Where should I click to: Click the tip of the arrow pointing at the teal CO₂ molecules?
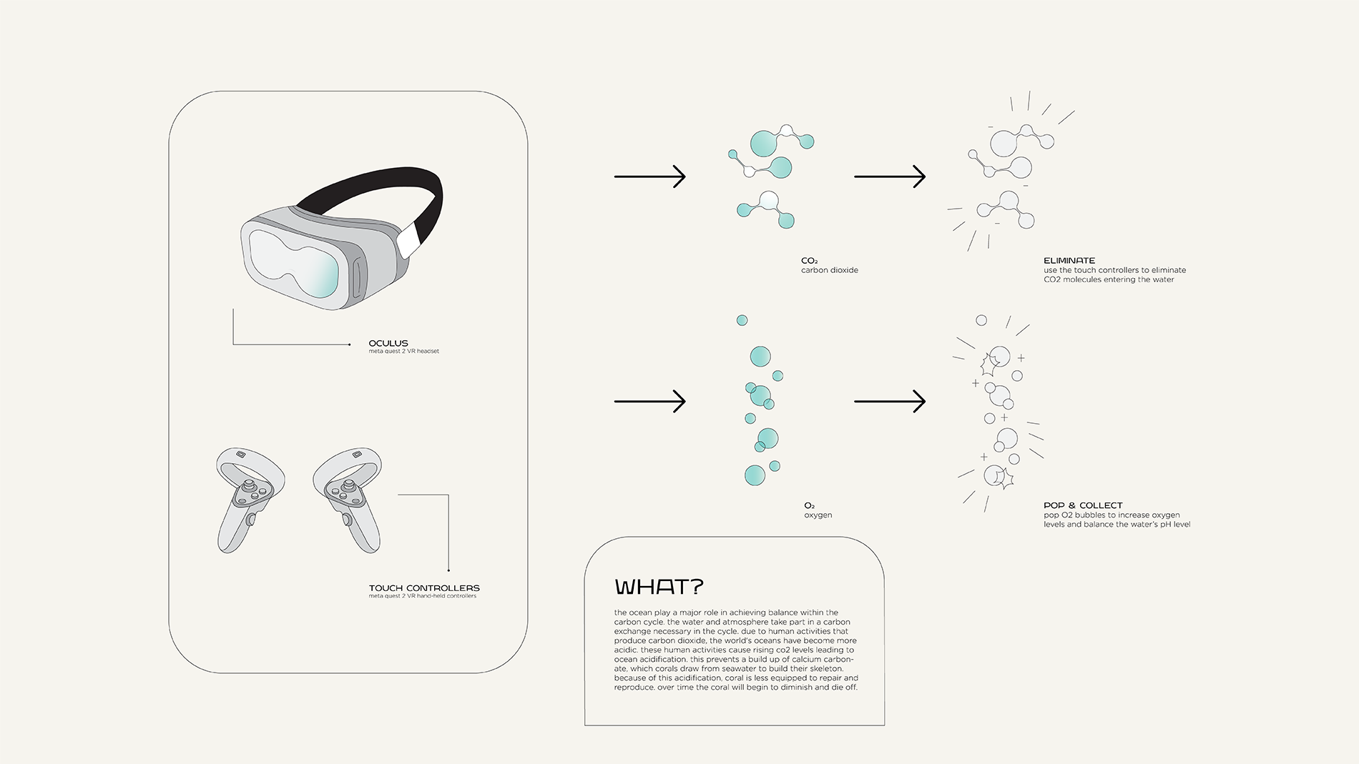(x=686, y=177)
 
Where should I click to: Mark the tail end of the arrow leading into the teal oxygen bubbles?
(x=614, y=402)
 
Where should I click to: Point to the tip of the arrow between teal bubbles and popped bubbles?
(x=926, y=402)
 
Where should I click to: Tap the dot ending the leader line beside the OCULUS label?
(x=349, y=344)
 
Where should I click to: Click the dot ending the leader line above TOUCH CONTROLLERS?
(x=448, y=570)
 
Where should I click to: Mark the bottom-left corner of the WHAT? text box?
(x=585, y=725)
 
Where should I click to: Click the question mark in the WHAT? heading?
(x=697, y=587)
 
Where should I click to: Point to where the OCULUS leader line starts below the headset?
(x=233, y=309)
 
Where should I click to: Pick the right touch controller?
(x=348, y=499)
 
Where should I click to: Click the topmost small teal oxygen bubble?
(x=742, y=320)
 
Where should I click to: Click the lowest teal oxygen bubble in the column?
(x=755, y=475)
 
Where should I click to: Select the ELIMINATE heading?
(x=1069, y=261)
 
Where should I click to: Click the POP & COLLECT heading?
(x=1083, y=505)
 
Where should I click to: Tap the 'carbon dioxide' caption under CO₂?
(x=830, y=270)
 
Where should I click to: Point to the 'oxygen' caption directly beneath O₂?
(x=818, y=515)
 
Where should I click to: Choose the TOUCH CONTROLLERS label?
(x=424, y=588)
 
